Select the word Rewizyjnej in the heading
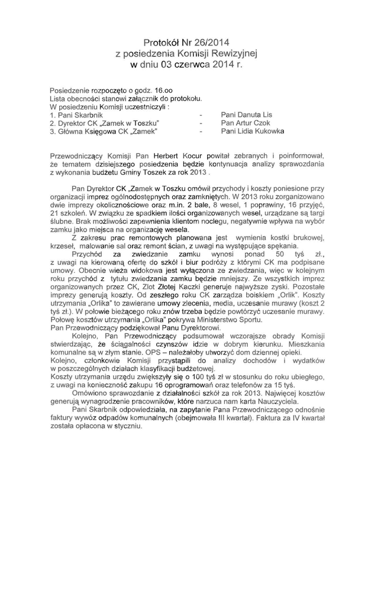tap(236, 53)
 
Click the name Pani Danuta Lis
tap(246, 114)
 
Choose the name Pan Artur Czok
tap(245, 122)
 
